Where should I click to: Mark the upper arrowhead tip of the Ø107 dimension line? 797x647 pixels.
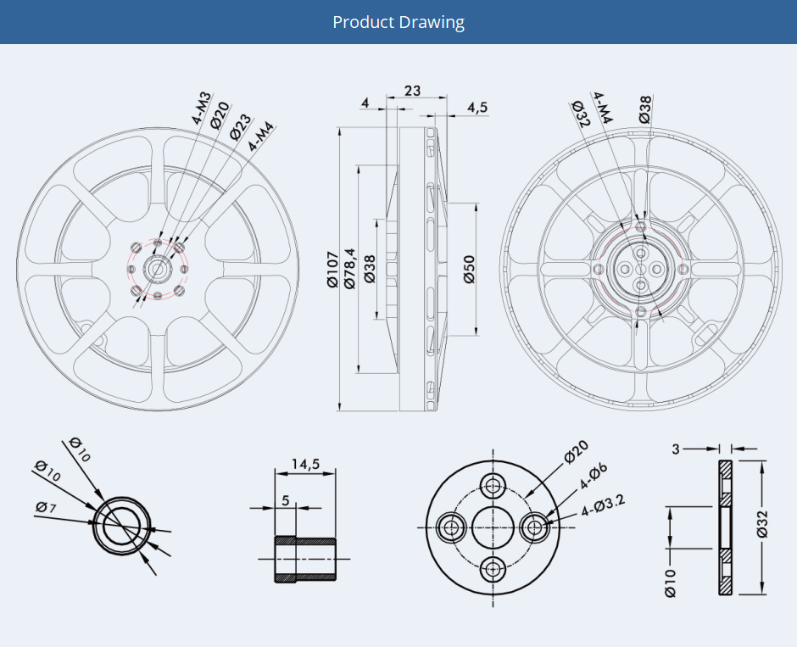coord(338,127)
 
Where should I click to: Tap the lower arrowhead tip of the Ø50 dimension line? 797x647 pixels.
coord(476,336)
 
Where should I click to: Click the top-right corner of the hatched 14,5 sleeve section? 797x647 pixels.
coord(336,538)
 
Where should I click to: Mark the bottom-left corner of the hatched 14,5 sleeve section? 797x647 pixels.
coord(275,582)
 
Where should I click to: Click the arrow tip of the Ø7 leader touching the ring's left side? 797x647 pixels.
coord(94,523)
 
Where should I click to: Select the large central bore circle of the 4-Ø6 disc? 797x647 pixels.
coord(493,527)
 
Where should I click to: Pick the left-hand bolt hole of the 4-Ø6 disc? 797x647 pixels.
coord(450,528)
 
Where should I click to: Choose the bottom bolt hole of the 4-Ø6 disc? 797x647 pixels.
coord(493,569)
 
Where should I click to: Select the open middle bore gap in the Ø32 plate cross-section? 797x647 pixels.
coord(726,527)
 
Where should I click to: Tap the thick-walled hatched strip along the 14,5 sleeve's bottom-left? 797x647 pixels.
coord(285,577)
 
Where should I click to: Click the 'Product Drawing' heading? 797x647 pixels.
coord(398,22)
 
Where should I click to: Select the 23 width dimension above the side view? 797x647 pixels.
coord(412,91)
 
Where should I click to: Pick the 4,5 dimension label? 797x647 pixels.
coord(477,107)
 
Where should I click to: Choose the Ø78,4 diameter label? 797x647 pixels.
coord(349,269)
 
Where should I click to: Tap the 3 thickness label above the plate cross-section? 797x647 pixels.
coord(676,449)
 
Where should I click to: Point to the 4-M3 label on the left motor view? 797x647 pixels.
coord(201,109)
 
